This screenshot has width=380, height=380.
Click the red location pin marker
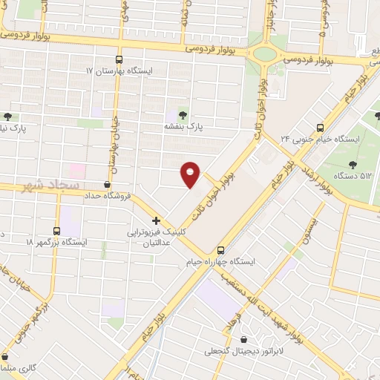(191, 174)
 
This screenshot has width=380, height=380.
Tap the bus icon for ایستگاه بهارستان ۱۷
(119, 60)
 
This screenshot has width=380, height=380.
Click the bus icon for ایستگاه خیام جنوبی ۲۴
(320, 127)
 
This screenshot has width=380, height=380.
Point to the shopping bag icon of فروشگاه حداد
(108, 184)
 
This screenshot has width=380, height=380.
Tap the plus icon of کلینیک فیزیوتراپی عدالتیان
(156, 220)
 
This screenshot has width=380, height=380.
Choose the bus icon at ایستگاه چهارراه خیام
(220, 250)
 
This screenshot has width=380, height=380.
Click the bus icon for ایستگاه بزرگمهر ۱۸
(58, 231)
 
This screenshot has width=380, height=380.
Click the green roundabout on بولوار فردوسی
(262, 53)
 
